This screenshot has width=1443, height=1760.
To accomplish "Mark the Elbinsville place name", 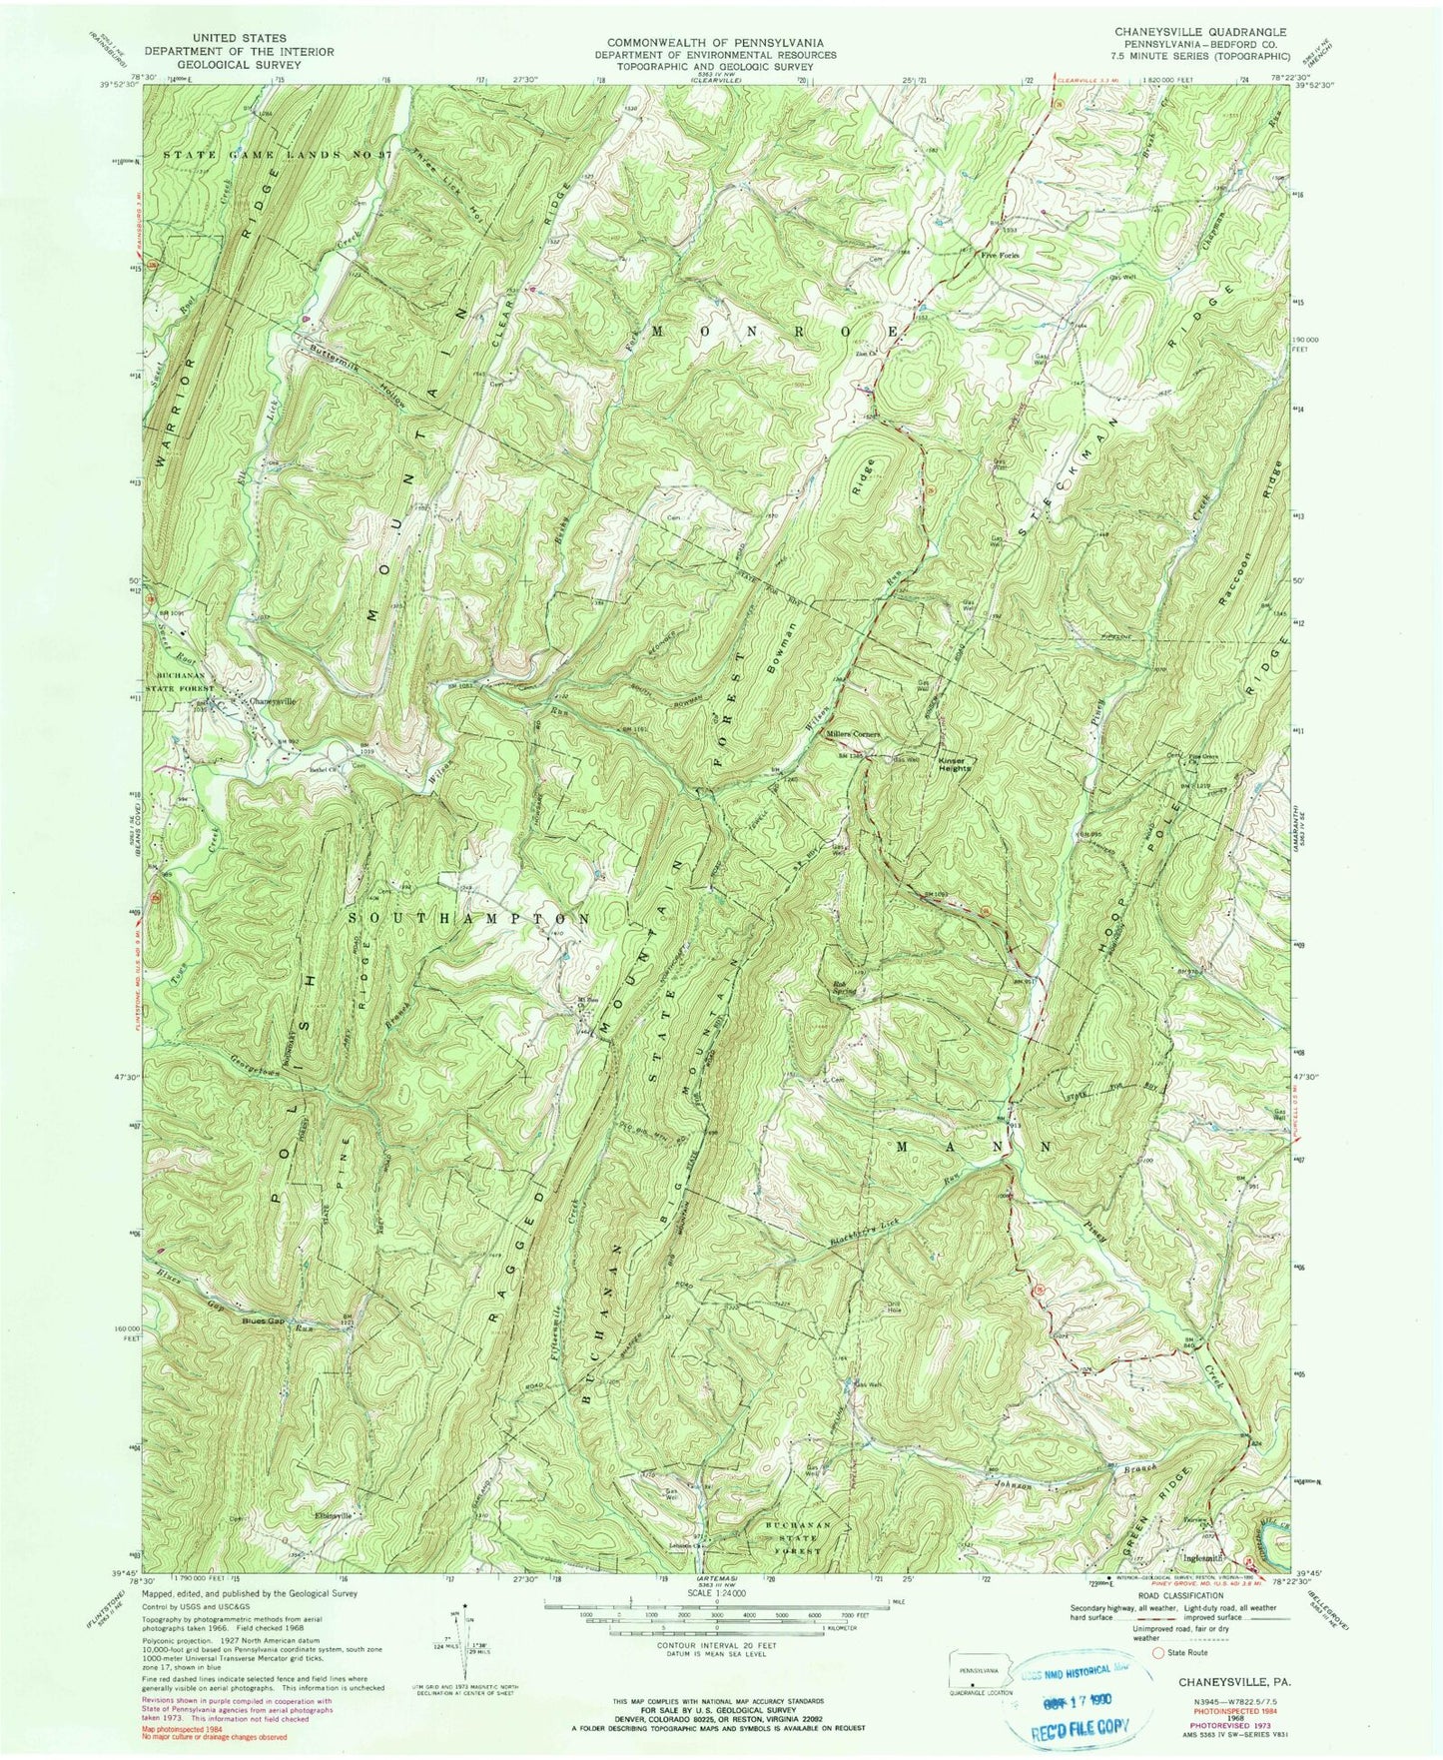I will coord(328,1514).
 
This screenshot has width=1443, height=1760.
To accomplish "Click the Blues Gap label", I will coord(263,1320).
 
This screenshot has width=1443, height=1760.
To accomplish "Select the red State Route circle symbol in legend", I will coord(1161,1653).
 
